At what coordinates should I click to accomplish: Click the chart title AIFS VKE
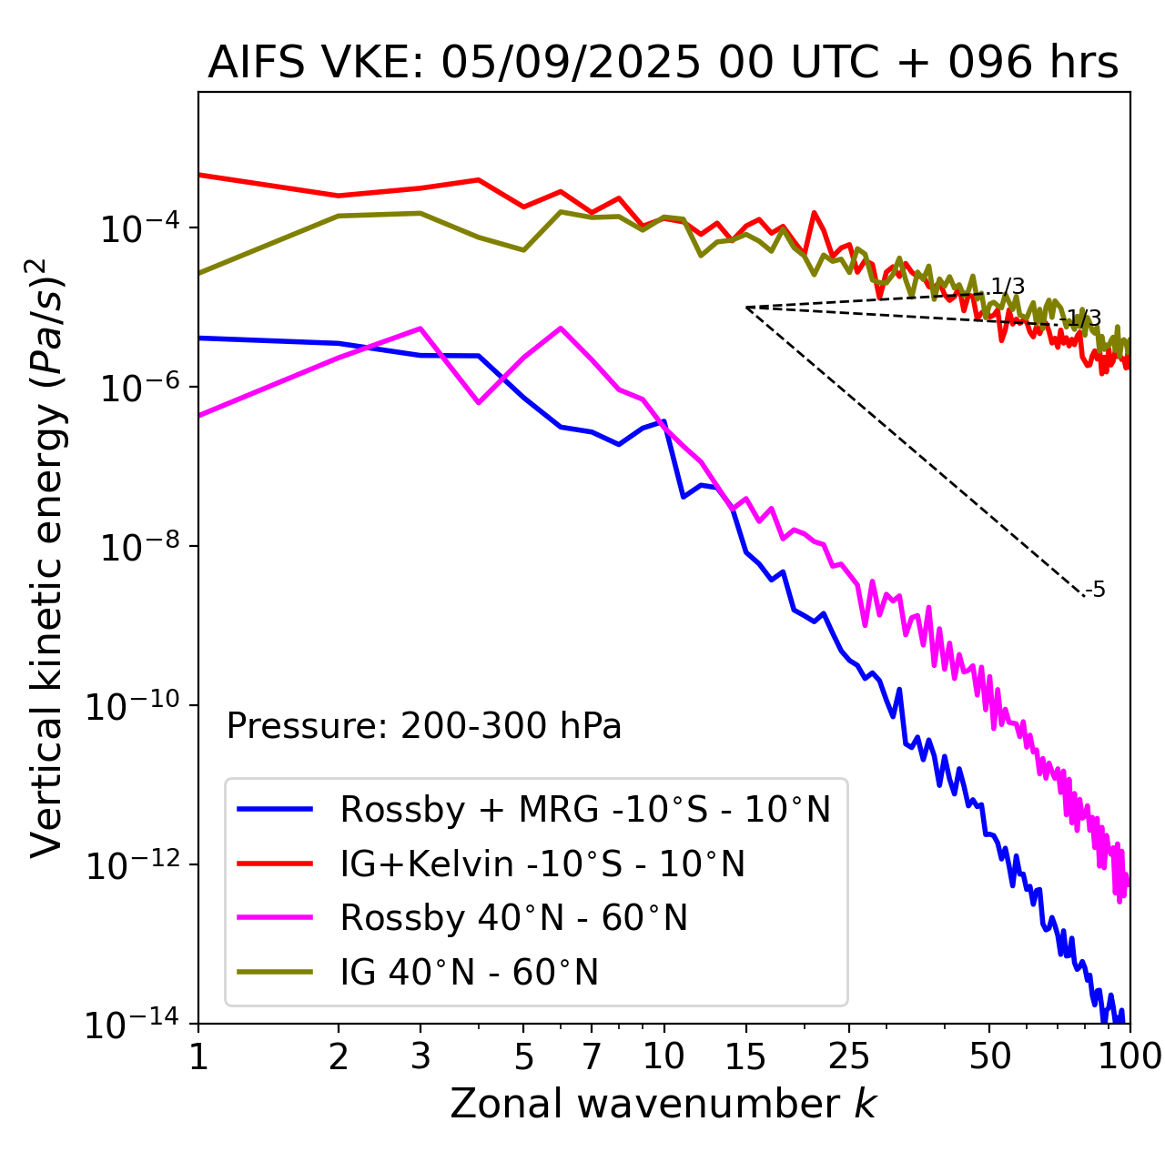pyautogui.click(x=663, y=64)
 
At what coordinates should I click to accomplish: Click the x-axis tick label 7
pyautogui.click(x=592, y=1056)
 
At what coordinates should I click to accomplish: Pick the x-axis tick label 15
pyautogui.click(x=746, y=1056)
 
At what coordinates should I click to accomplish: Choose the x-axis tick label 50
pyautogui.click(x=989, y=1056)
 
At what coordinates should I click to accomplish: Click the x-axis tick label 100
pyautogui.click(x=1129, y=1056)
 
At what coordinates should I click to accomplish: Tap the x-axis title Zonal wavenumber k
pyautogui.click(x=663, y=1104)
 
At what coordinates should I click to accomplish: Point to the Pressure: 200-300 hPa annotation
pyautogui.click(x=424, y=726)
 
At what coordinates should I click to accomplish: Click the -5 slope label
pyautogui.click(x=1096, y=590)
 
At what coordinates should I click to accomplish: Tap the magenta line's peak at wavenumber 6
pyautogui.click(x=561, y=328)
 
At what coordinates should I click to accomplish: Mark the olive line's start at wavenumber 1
pyautogui.click(x=199, y=272)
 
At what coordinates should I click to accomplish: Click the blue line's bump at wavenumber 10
pyautogui.click(x=664, y=421)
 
